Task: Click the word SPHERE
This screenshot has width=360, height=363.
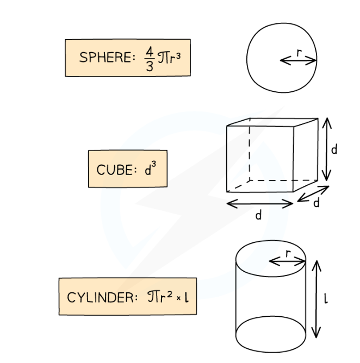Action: point(105,57)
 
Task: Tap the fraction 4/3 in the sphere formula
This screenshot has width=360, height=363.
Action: point(150,59)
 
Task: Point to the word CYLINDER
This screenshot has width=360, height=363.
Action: point(100,297)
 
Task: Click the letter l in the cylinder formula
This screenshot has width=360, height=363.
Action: point(187,297)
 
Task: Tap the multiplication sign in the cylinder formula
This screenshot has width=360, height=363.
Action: point(178,298)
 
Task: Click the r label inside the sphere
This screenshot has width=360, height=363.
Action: point(299,53)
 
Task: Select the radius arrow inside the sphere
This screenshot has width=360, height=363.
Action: point(298,61)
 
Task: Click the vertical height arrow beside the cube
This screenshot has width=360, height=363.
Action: point(327,149)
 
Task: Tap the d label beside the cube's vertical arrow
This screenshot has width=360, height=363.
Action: point(334,149)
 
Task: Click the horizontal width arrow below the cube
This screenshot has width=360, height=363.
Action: point(260,204)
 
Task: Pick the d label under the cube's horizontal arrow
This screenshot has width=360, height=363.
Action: point(258,215)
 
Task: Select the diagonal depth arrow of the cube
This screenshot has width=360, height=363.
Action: point(313,193)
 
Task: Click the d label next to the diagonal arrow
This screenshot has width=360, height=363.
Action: point(316,203)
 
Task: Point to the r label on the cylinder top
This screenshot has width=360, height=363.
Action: point(288,253)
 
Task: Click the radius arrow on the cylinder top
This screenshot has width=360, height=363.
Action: point(287,261)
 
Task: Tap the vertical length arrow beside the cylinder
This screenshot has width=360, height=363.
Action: point(316,299)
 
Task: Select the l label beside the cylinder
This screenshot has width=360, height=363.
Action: point(326,299)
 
